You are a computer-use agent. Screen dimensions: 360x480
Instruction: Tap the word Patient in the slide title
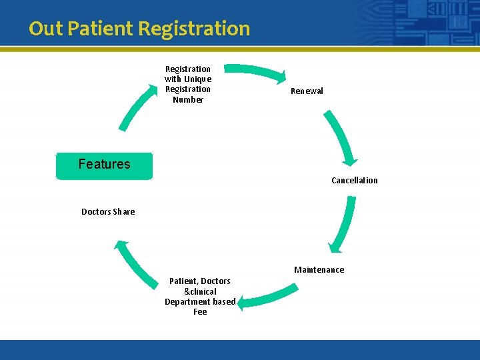(100, 29)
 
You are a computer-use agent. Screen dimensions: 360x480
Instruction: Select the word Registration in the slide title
(195, 29)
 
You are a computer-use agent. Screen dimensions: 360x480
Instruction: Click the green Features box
(104, 165)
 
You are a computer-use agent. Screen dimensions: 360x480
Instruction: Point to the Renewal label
(307, 91)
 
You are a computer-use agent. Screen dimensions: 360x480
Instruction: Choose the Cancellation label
(354, 181)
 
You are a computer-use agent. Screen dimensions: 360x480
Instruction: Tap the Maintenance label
(319, 270)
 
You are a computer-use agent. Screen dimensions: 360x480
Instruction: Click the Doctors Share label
(108, 212)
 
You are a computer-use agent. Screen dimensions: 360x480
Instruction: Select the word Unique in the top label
(198, 79)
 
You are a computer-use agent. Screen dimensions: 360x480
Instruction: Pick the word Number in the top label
(188, 100)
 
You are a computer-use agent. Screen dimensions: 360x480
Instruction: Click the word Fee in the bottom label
(200, 312)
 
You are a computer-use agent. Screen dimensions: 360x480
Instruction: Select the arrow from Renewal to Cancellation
(342, 137)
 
